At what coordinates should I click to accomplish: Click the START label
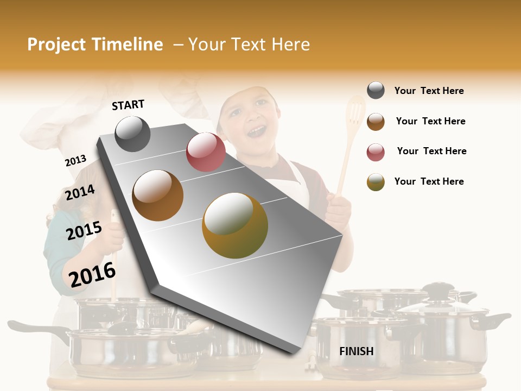click(128, 104)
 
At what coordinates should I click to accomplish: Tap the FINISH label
click(356, 351)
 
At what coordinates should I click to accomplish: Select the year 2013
click(75, 161)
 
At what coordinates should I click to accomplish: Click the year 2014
click(80, 192)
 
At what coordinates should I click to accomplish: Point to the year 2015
click(84, 231)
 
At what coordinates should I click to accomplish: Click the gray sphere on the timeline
click(132, 134)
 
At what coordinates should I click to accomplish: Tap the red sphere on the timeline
click(206, 152)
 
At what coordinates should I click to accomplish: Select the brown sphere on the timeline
click(157, 195)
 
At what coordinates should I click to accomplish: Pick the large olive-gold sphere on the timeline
click(234, 225)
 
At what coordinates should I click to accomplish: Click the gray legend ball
click(376, 91)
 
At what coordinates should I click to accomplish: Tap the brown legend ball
click(376, 122)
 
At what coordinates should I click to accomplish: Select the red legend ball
click(376, 152)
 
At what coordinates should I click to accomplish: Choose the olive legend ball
click(376, 182)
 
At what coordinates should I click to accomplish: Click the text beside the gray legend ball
click(429, 91)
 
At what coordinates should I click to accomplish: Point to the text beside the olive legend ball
click(429, 181)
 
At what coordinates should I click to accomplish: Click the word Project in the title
click(56, 45)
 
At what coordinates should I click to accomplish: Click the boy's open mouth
click(257, 131)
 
